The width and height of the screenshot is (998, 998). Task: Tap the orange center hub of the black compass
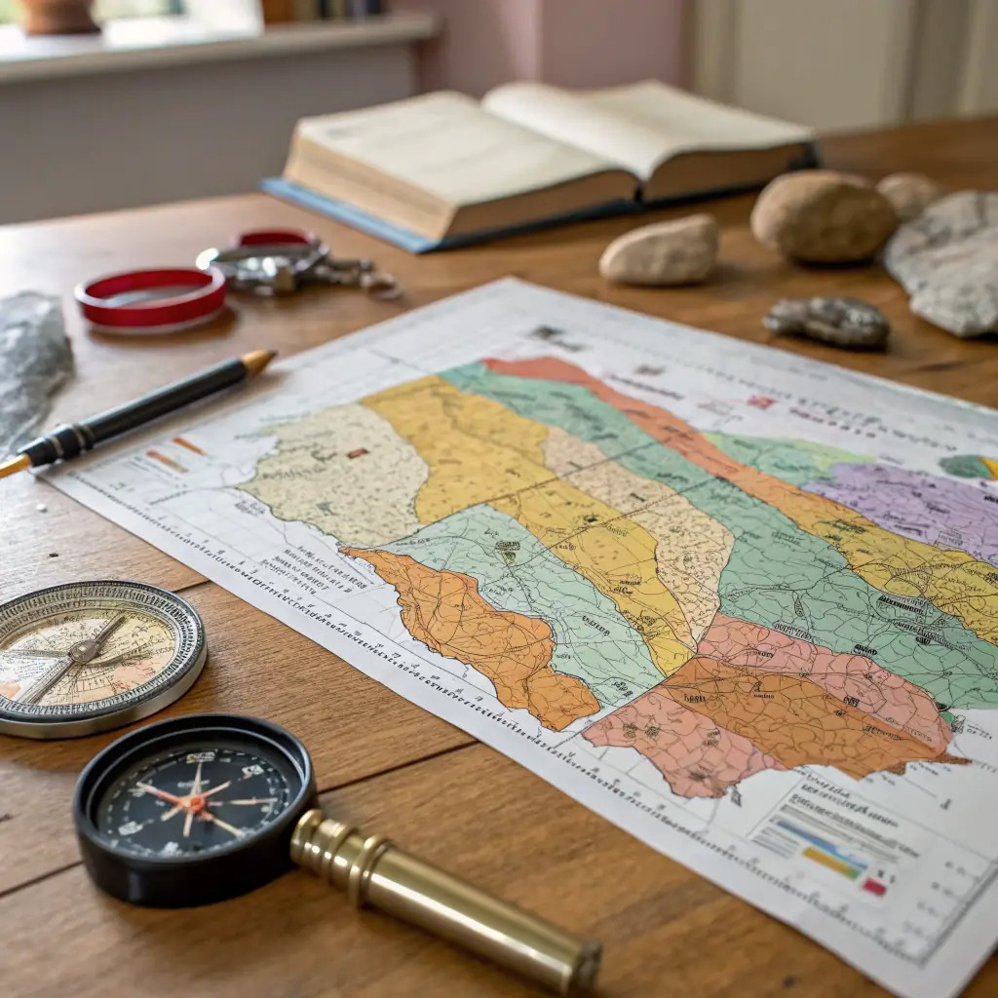click(x=197, y=803)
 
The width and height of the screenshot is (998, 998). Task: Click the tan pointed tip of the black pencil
click(x=258, y=361)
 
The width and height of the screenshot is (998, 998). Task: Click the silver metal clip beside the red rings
click(x=292, y=265)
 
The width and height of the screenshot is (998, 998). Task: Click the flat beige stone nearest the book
click(x=660, y=249)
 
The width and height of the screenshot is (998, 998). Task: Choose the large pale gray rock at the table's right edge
click(x=945, y=263)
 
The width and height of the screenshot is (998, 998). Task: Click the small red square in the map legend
click(x=874, y=886)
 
